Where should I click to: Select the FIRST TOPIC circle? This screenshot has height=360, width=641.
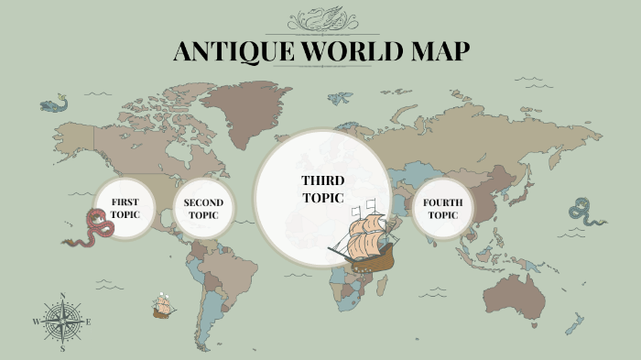point(124,208)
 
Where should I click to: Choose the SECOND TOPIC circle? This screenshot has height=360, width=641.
point(203,209)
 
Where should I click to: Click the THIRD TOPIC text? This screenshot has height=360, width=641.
point(322,189)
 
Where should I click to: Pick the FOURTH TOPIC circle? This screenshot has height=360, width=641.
point(442,209)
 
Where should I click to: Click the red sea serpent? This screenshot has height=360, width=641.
point(89,229)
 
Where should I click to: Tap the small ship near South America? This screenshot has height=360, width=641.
point(164,305)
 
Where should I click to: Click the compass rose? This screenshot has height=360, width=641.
point(62,322)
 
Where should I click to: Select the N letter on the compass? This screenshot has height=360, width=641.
point(62,296)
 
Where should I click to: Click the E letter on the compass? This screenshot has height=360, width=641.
point(88,322)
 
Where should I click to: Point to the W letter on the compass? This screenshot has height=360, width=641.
point(37,322)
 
